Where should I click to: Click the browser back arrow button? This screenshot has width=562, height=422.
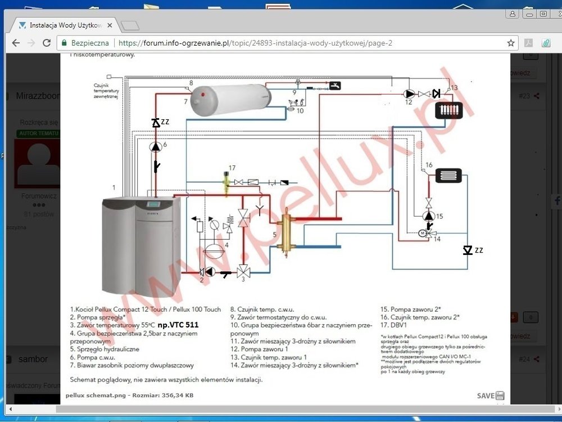coord(15,43)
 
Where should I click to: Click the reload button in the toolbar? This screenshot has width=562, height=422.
coord(47,43)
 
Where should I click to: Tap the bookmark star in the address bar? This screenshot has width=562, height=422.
coord(511,43)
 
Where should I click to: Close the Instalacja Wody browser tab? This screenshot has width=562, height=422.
coord(110,25)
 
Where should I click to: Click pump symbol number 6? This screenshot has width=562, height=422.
coord(156,146)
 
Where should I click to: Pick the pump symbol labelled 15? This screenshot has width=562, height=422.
coord(429,216)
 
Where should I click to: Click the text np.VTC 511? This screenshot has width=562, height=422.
coord(178,325)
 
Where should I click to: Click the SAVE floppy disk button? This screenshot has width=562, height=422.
coord(491,396)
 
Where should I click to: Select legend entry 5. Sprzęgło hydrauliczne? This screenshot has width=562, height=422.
coord(105,349)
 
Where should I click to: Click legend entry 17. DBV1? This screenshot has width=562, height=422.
coord(393,325)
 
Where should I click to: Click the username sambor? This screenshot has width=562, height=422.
coord(33,359)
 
